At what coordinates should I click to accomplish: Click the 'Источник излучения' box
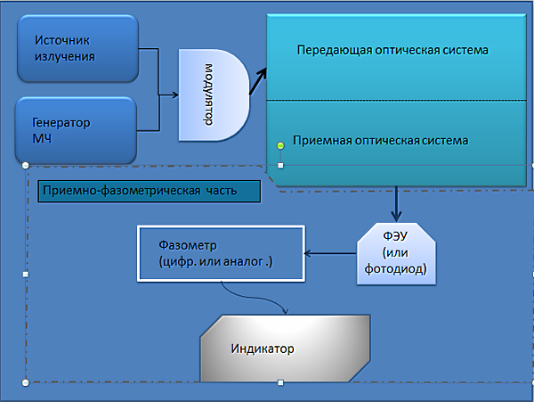click(x=78, y=48)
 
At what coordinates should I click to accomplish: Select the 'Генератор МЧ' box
click(x=76, y=131)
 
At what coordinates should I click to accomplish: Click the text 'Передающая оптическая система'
click(x=392, y=50)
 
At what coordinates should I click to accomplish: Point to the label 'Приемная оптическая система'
click(x=380, y=141)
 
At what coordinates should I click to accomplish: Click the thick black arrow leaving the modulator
click(x=258, y=81)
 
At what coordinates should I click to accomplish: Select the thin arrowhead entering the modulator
click(x=175, y=94)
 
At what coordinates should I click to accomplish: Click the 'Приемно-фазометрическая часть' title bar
click(x=150, y=192)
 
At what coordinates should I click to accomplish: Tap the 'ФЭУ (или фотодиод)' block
click(x=396, y=254)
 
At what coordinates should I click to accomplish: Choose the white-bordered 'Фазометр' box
click(x=221, y=253)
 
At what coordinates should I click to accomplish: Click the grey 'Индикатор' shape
click(x=285, y=349)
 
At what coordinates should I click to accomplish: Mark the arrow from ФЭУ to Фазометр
click(x=330, y=253)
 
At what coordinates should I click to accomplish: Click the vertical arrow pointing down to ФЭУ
click(x=396, y=204)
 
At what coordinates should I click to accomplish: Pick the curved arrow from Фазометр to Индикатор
click(x=255, y=298)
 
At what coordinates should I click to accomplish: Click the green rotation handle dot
click(x=280, y=146)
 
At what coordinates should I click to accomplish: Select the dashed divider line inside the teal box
click(x=396, y=100)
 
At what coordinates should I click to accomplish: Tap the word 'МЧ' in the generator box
click(x=42, y=139)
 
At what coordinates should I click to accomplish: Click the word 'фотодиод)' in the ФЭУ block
click(x=396, y=269)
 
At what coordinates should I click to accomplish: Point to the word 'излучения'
click(x=65, y=56)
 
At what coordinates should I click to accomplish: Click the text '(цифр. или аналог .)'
click(x=215, y=262)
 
